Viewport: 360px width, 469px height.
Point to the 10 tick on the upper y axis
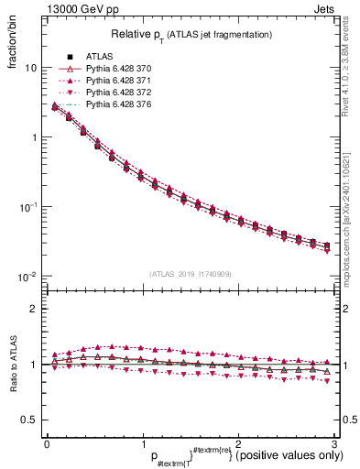[30, 68]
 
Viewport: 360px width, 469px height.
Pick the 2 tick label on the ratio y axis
[34, 309]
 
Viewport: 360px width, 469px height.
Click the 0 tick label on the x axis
[47, 443]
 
